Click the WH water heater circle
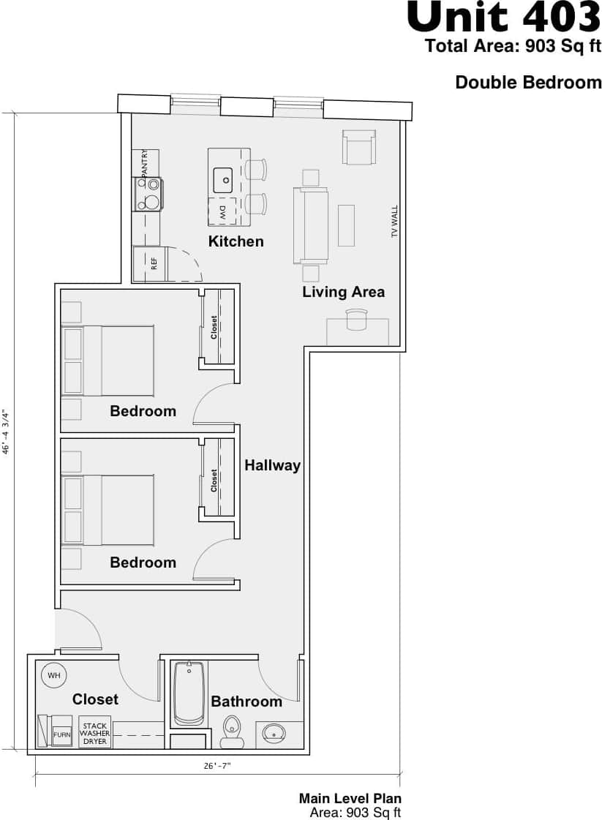tap(54, 674)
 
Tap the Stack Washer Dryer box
tap(94, 732)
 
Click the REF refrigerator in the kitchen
tap(149, 263)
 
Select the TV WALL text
tap(394, 222)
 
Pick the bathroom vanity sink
tap(275, 732)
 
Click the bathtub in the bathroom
tap(189, 693)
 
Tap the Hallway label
tap(272, 465)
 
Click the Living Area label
tap(343, 292)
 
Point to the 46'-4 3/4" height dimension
tap(7, 432)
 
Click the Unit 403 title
tap(503, 17)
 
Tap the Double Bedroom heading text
tap(528, 83)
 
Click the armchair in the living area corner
tap(359, 147)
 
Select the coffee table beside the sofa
tap(346, 225)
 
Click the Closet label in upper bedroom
tap(214, 327)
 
